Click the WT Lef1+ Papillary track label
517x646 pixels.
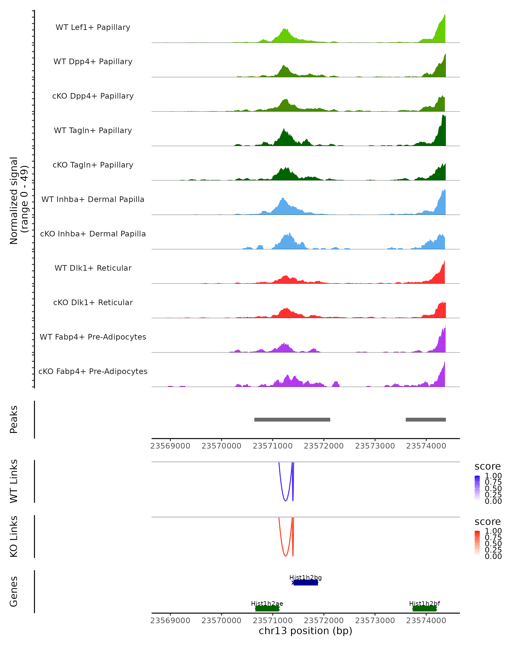click(x=93, y=27)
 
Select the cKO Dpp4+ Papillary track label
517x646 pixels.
click(x=93, y=96)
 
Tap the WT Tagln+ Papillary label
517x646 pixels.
click(x=93, y=131)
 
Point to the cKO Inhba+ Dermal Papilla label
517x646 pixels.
click(x=93, y=234)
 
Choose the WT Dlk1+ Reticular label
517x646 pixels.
click(x=93, y=268)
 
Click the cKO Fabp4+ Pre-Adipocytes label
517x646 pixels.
click(x=93, y=371)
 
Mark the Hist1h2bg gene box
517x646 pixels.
click(x=305, y=583)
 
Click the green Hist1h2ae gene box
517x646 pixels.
click(x=267, y=609)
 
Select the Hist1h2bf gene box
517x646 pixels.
click(x=424, y=609)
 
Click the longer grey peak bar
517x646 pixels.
click(x=292, y=420)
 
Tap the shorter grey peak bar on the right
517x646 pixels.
click(x=426, y=420)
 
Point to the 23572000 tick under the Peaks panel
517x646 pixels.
click(x=324, y=446)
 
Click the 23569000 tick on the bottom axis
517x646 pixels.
click(x=170, y=621)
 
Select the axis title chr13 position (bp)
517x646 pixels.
click(x=305, y=631)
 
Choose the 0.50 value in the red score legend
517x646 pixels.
click(x=493, y=544)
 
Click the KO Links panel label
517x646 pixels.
click(x=14, y=536)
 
